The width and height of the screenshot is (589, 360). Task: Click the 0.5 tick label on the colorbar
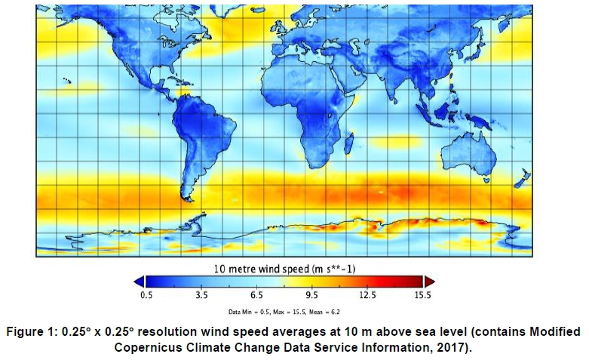146,296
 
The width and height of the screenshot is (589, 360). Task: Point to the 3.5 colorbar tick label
201,296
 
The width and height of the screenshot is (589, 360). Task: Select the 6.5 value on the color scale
256,296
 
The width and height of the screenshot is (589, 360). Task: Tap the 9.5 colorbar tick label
312,296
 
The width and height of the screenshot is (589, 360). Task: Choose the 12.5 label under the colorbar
367,296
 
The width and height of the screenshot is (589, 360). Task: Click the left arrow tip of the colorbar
138,282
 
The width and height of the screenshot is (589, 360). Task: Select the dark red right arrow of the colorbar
431,282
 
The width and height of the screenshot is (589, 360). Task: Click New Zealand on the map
520,181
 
